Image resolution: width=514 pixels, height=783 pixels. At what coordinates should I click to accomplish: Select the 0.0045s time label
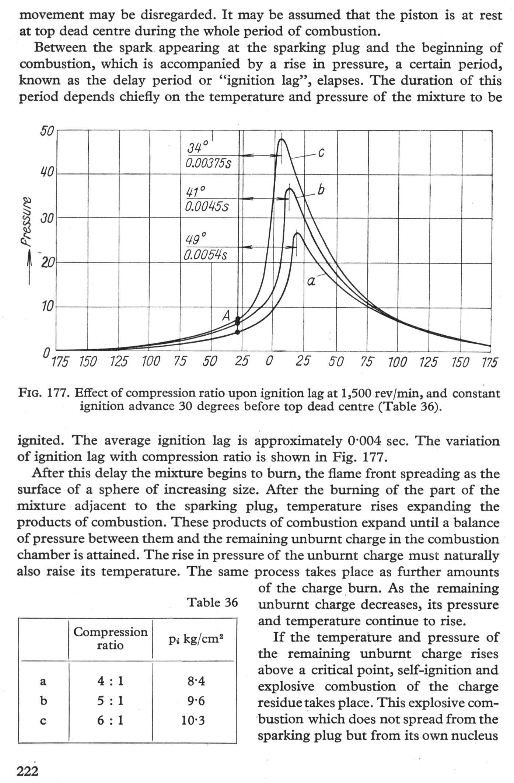click(x=207, y=206)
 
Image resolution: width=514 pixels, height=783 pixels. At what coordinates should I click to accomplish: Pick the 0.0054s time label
click(x=206, y=255)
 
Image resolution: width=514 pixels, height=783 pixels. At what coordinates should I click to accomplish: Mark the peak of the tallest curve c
click(x=282, y=139)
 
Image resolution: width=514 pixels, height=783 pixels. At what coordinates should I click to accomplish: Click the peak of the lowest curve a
click(x=297, y=233)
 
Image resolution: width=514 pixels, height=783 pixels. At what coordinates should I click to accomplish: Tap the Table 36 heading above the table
click(x=213, y=602)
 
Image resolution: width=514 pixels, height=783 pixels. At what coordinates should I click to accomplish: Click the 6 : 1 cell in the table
click(x=110, y=720)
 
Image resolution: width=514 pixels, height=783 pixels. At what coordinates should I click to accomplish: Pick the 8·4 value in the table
click(x=196, y=681)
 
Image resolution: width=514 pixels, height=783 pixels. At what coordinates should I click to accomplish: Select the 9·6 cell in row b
click(x=196, y=701)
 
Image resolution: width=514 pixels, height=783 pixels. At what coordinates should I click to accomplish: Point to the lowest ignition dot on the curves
click(x=238, y=332)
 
